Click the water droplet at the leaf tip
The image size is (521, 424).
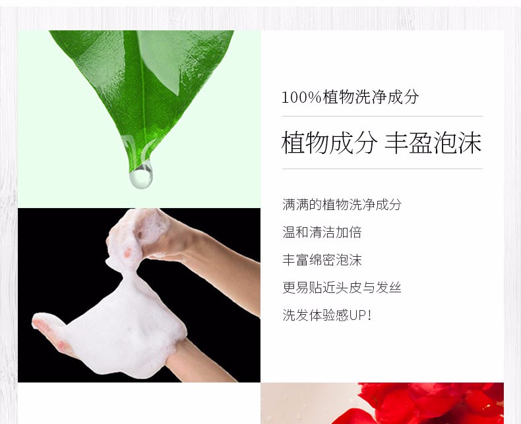coord(141,176)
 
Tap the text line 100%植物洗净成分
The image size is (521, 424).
coord(350,97)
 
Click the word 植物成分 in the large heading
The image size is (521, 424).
coord(329,143)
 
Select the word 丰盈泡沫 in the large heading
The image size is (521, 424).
coord(433,143)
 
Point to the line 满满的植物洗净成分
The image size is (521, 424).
coord(342,204)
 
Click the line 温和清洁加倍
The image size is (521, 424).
coord(322,232)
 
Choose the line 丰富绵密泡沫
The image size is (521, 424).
coord(322,260)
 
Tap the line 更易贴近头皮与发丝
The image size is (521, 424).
coord(342,287)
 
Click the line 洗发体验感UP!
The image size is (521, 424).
coord(327,315)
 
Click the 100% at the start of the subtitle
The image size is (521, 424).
coord(301,97)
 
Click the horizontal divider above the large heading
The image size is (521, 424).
coord(382,117)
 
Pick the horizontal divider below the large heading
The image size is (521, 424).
coord(382,169)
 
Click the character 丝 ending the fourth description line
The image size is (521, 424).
coord(395,287)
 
